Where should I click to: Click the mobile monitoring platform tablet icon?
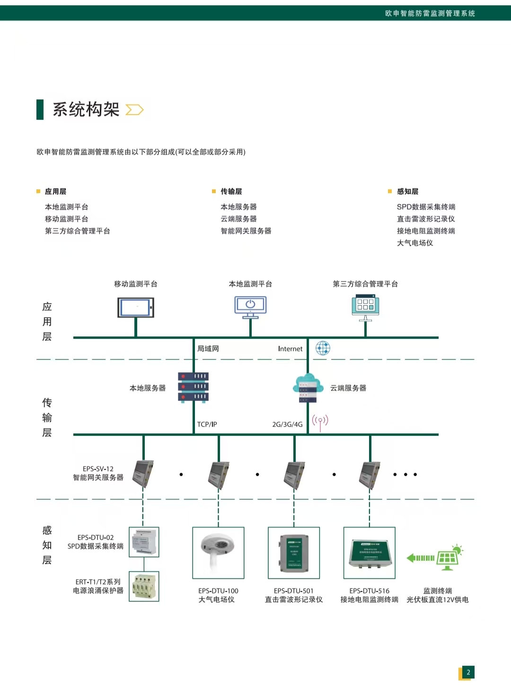click(x=136, y=308)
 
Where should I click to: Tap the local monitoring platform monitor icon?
click(x=250, y=307)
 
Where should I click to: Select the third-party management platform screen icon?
click(x=365, y=306)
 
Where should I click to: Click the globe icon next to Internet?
click(x=323, y=348)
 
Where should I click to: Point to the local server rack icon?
click(x=193, y=387)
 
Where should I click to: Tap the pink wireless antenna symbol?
click(x=320, y=422)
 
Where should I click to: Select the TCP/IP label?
click(x=207, y=424)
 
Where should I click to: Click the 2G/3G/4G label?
click(x=287, y=424)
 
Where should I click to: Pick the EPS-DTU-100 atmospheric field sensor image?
click(x=218, y=553)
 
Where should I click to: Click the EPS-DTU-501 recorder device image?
click(x=294, y=553)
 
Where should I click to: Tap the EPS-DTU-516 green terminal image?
click(x=370, y=553)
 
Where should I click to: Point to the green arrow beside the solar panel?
click(x=421, y=558)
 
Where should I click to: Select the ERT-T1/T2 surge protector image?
click(x=144, y=586)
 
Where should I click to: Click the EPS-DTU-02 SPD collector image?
click(x=144, y=542)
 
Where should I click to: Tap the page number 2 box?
click(x=468, y=672)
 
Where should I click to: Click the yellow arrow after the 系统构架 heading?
click(x=134, y=110)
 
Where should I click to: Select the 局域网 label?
click(x=208, y=349)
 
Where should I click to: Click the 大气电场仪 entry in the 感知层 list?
click(x=415, y=243)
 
